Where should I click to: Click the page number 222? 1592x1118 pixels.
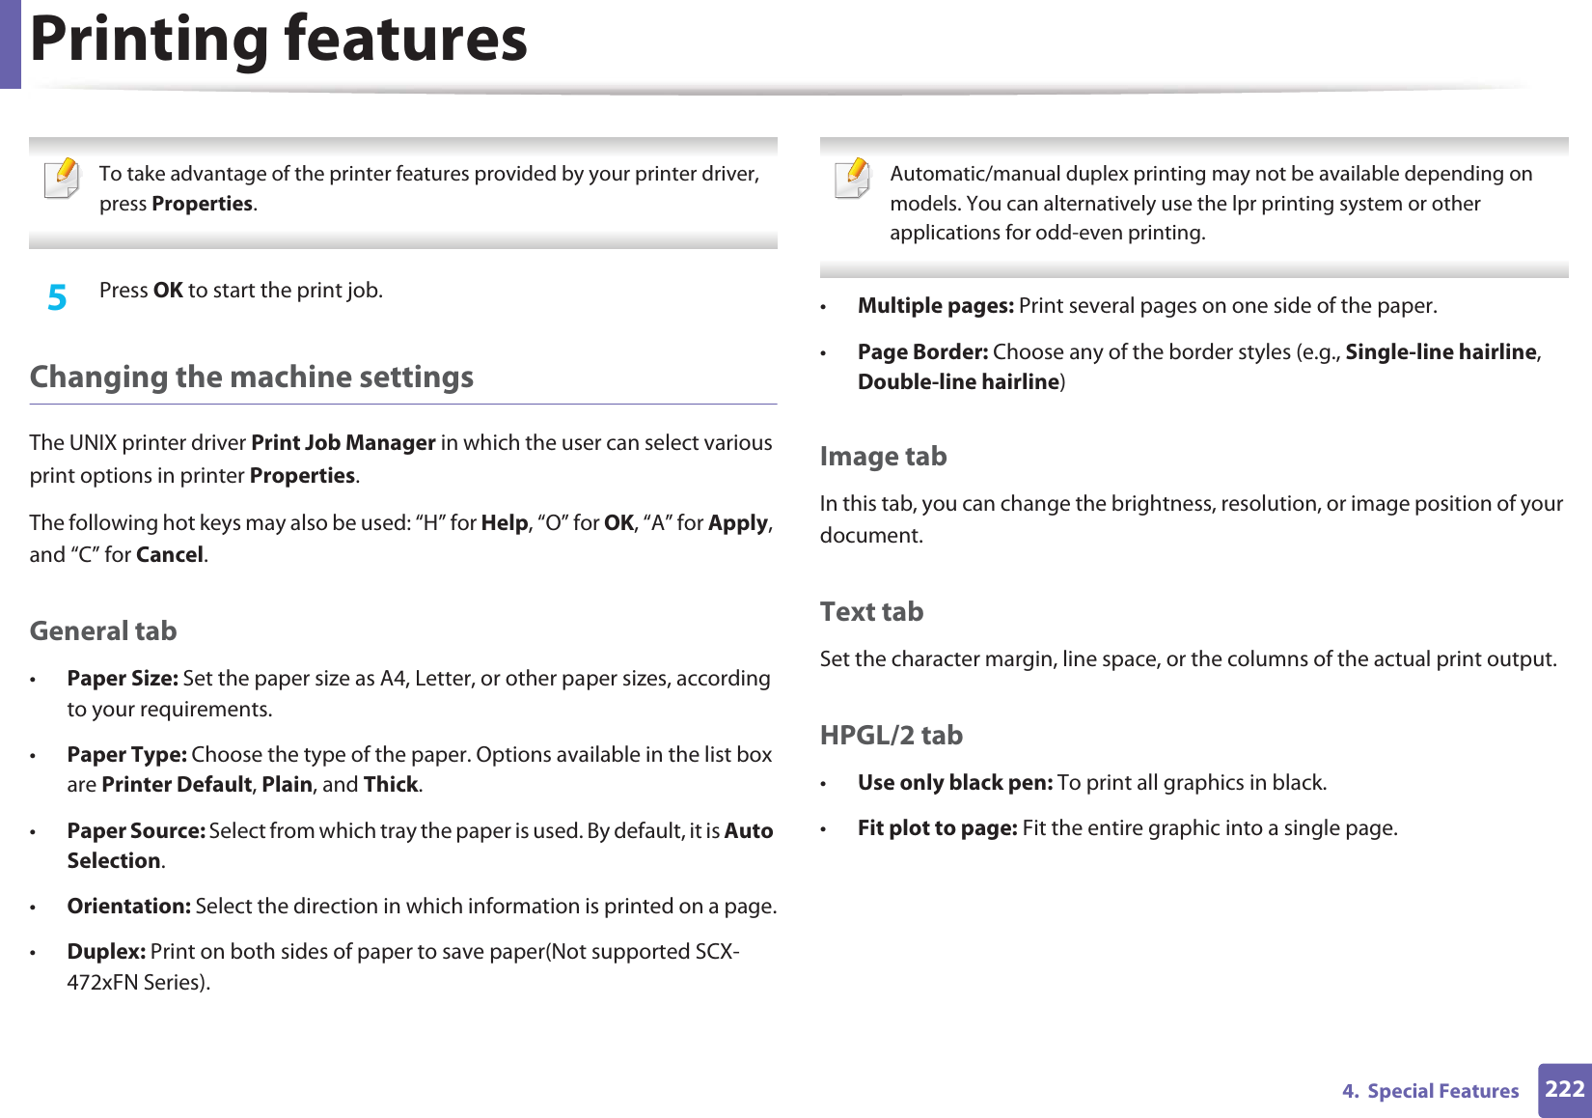pyautogui.click(x=1564, y=1089)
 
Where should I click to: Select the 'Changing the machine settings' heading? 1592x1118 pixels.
pyautogui.click(x=252, y=377)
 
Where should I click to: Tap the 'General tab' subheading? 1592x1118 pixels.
pyautogui.click(x=103, y=630)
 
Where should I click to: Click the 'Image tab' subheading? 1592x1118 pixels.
pyautogui.click(x=883, y=456)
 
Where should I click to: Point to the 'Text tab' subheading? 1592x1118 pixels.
pyautogui.click(x=871, y=611)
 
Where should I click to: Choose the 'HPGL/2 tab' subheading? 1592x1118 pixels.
pyautogui.click(x=891, y=735)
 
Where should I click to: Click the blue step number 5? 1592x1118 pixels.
pyautogui.click(x=57, y=296)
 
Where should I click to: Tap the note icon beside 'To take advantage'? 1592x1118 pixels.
pyautogui.click(x=63, y=179)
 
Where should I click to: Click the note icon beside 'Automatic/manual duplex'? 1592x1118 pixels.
pyautogui.click(x=854, y=179)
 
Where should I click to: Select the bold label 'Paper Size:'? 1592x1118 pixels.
pyautogui.click(x=123, y=678)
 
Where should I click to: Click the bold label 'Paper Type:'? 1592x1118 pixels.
pyautogui.click(x=126, y=754)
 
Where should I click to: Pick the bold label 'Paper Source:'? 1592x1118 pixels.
pyautogui.click(x=136, y=830)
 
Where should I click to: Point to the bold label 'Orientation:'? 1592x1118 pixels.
pyautogui.click(x=128, y=906)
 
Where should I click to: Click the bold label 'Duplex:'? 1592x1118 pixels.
pyautogui.click(x=106, y=951)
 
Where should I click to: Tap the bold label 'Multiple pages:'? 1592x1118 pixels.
pyautogui.click(x=935, y=305)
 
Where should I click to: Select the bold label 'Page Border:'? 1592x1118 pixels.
pyautogui.click(x=922, y=351)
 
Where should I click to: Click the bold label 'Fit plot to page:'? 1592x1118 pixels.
pyautogui.click(x=937, y=827)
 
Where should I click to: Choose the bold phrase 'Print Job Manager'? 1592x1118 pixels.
pyautogui.click(x=343, y=442)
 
